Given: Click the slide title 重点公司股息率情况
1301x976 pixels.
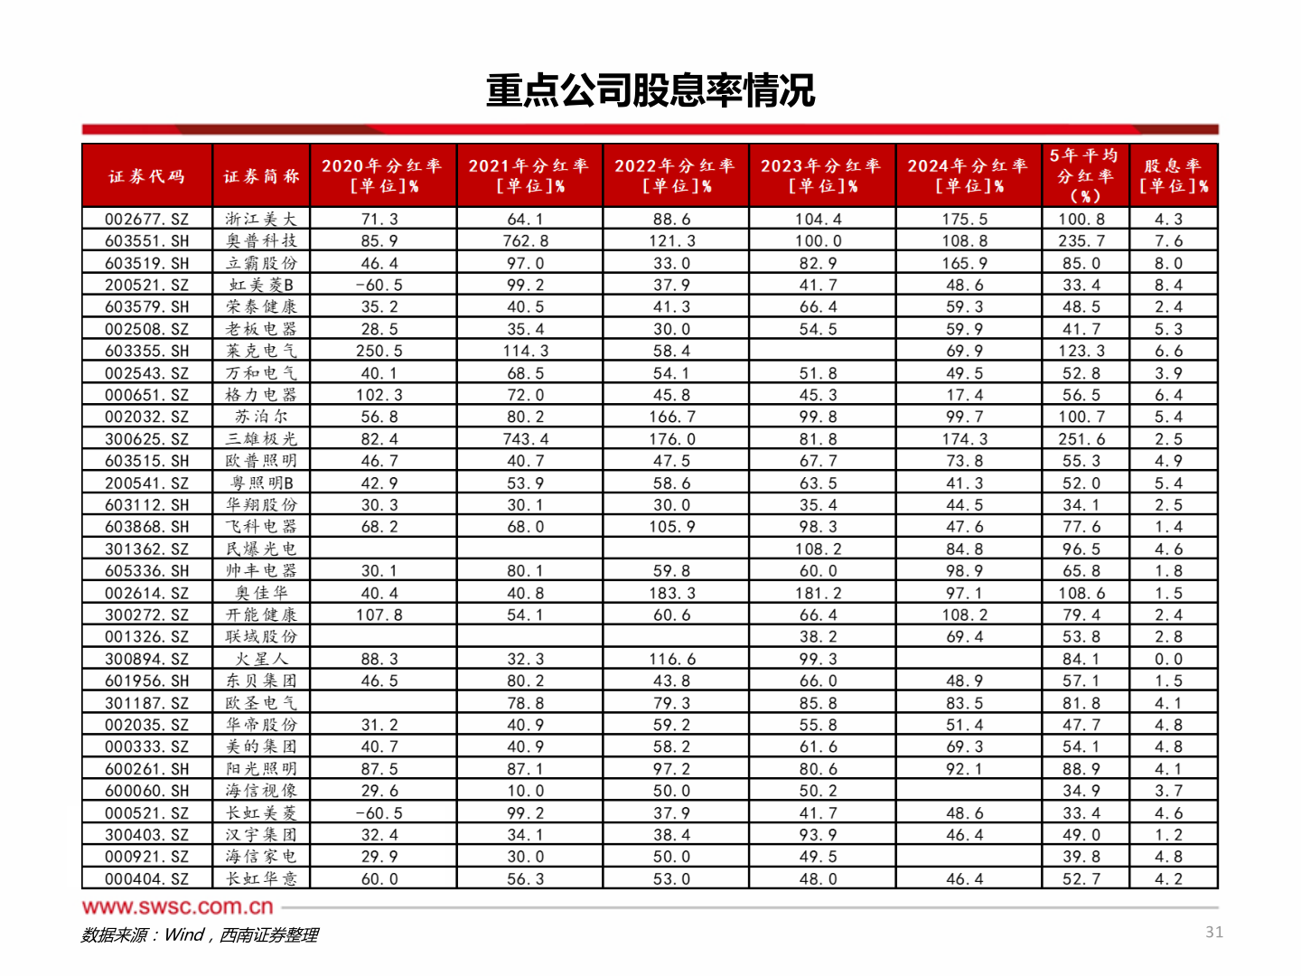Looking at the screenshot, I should click(650, 90).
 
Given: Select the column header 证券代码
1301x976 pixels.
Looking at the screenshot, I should click(146, 176).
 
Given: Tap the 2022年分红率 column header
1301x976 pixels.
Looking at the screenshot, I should click(675, 175).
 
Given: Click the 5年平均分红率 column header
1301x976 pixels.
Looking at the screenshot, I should click(1084, 175).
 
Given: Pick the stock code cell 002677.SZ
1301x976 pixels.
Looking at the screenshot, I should click(146, 220).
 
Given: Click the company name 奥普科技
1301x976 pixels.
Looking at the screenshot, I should click(261, 241).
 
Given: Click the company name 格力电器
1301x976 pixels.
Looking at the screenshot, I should click(261, 395).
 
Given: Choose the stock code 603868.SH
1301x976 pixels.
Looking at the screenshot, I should click(146, 527).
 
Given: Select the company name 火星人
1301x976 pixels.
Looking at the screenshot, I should click(261, 660).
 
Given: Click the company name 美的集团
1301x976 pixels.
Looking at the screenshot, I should click(261, 747).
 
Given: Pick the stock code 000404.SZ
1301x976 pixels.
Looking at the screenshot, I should click(146, 879).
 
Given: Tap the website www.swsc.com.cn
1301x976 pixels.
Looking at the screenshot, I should click(177, 906).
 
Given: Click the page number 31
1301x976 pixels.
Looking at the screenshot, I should click(1214, 932).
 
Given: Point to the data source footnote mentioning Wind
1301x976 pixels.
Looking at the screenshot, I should click(199, 935).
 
